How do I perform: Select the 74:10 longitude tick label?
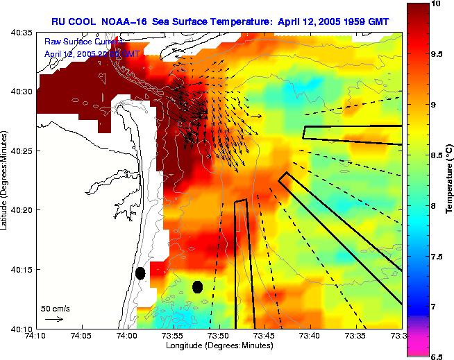pyautogui.click(x=35, y=336)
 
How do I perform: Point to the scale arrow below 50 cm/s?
pyautogui.click(x=53, y=319)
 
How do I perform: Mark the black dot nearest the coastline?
pyautogui.click(x=140, y=273)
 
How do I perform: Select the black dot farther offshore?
pyautogui.click(x=197, y=286)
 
